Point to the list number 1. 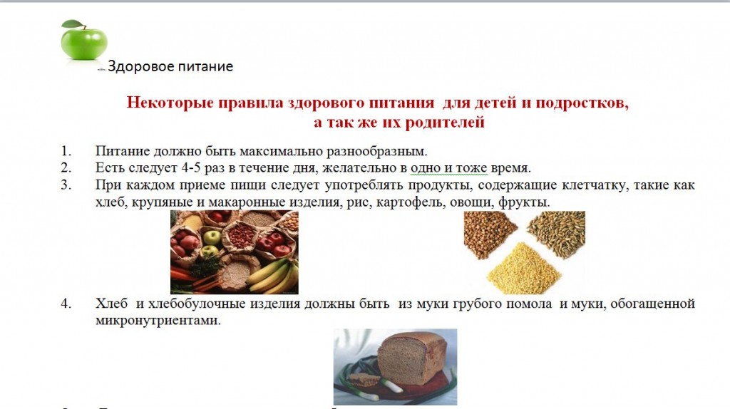click(66, 151)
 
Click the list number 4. click(66, 304)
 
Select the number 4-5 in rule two click(191, 167)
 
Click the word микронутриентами click(158, 321)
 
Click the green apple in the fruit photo click(212, 237)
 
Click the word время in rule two click(510, 168)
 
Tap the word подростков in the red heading click(582, 103)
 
